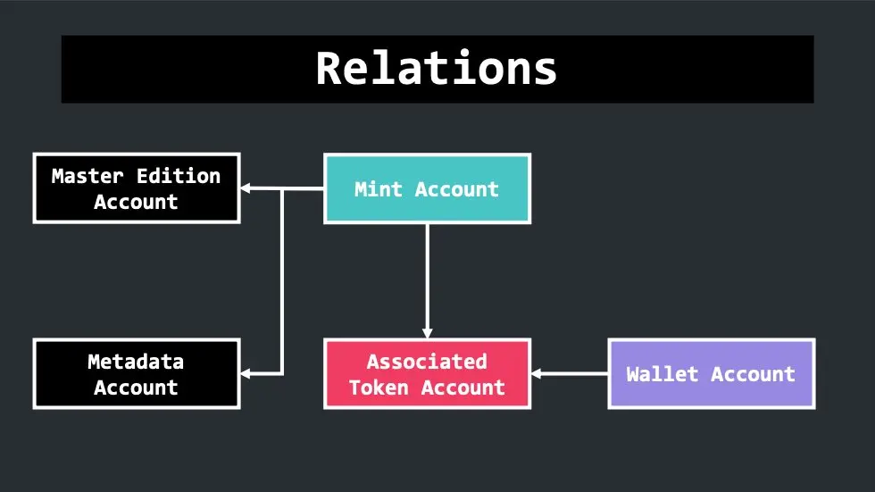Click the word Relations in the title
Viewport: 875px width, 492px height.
[x=437, y=68]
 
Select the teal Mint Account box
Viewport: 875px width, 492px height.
[x=427, y=188]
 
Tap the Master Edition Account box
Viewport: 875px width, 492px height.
[x=137, y=188]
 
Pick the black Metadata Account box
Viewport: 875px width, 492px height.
[x=137, y=374]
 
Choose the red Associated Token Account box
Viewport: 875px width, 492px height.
[x=427, y=374]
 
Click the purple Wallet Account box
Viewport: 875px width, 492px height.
[x=712, y=374]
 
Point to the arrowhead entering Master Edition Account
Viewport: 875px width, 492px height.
[x=246, y=188]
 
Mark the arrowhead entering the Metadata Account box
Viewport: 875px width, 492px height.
[x=246, y=374]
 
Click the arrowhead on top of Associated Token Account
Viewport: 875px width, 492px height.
[x=428, y=334]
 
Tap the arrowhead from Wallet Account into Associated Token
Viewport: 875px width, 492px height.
[x=537, y=374]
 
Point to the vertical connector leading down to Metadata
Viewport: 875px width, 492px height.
[x=282, y=281]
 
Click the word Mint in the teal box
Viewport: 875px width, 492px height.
[x=379, y=189]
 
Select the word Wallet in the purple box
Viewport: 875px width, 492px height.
[x=662, y=374]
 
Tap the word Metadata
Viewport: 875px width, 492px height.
[x=136, y=362]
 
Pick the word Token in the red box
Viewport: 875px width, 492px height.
[x=379, y=388]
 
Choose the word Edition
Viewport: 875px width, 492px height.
[x=179, y=176]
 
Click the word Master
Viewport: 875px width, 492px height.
[x=87, y=176]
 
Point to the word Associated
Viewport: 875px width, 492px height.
[x=427, y=362]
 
